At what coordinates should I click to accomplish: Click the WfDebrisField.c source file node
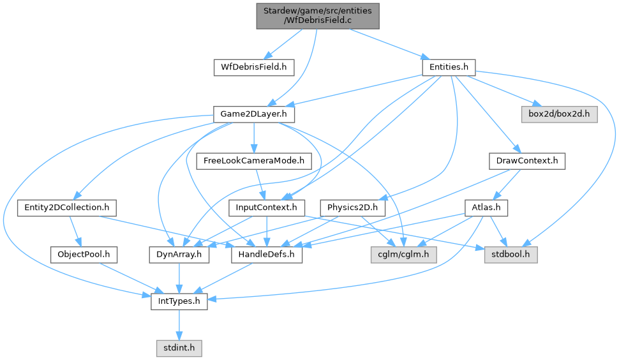click(x=318, y=15)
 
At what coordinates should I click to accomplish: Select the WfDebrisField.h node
click(x=253, y=66)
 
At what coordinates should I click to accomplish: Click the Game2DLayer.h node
click(x=253, y=114)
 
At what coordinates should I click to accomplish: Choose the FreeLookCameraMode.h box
click(x=253, y=161)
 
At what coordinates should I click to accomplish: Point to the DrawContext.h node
click(x=526, y=161)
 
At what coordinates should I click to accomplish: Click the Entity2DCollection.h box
click(x=66, y=207)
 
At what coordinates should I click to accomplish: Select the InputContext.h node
click(x=267, y=207)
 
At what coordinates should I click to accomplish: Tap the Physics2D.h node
click(x=353, y=207)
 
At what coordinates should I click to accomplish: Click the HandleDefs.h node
click(x=267, y=255)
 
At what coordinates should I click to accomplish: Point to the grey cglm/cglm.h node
click(x=402, y=255)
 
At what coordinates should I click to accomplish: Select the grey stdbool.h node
click(x=510, y=255)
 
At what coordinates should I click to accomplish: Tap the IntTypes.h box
click(x=179, y=301)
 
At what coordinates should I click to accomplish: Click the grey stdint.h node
click(x=179, y=349)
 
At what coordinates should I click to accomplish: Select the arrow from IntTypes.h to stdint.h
click(x=179, y=325)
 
